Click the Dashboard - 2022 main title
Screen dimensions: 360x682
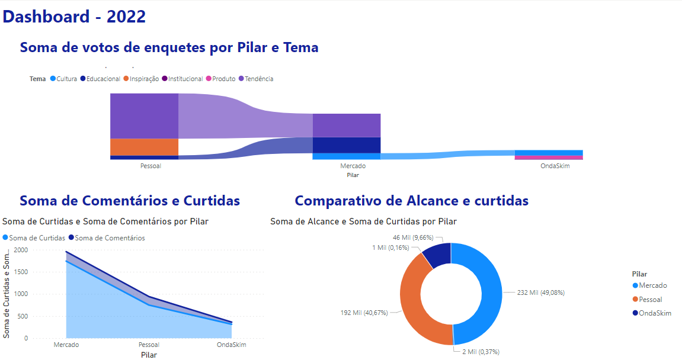[74, 17]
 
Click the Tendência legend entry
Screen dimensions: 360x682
[258, 79]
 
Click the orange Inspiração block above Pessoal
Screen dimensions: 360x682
[144, 147]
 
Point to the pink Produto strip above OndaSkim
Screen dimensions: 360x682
[549, 157]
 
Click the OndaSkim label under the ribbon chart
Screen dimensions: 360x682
[555, 166]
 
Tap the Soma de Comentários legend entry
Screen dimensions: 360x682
[110, 238]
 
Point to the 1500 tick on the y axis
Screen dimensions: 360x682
[21, 272]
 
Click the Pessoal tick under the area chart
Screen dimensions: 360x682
[149, 345]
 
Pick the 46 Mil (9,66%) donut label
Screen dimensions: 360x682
[414, 237]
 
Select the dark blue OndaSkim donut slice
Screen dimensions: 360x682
[437, 255]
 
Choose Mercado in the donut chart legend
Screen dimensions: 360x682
[652, 285]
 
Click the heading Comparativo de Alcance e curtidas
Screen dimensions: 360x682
[411, 201]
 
